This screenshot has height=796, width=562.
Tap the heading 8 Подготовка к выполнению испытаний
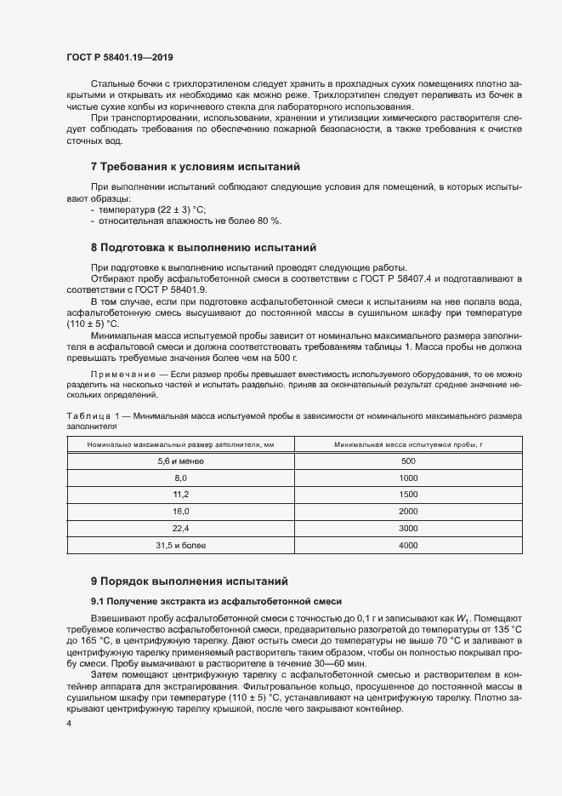(x=203, y=248)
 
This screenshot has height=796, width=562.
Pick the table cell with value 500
(x=408, y=461)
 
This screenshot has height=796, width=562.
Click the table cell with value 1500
(x=408, y=495)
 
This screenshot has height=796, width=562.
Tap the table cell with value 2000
(x=408, y=512)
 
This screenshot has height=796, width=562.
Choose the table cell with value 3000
(x=408, y=529)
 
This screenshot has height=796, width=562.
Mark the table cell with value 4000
(x=408, y=546)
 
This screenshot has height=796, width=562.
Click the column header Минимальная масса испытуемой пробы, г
(x=408, y=444)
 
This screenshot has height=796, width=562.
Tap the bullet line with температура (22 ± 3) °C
(x=152, y=209)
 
